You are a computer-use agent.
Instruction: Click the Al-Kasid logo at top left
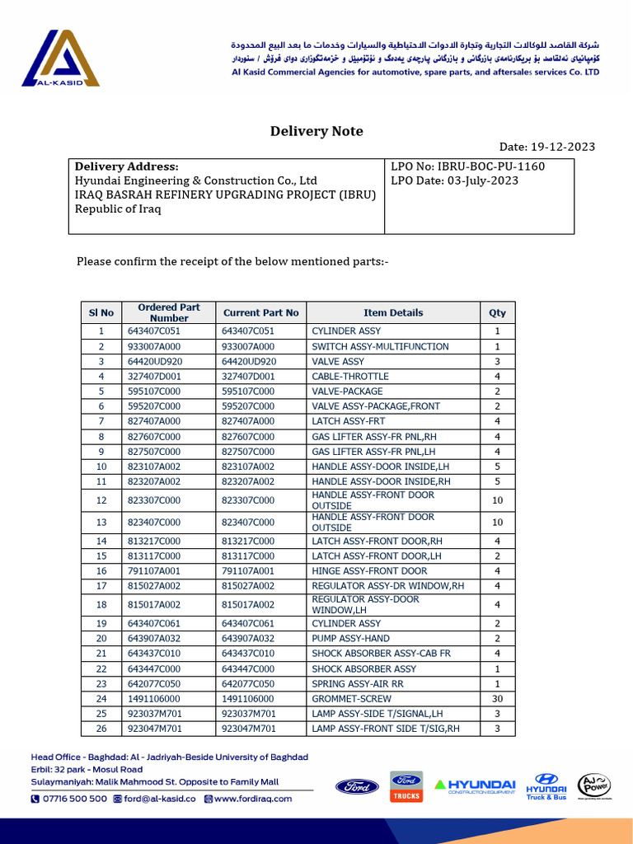coord(60,59)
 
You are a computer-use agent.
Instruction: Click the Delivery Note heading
coord(316,131)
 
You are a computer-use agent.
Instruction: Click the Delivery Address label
coord(126,166)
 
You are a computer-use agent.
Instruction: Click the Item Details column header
coord(393,313)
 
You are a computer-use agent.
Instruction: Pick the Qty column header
coord(497,313)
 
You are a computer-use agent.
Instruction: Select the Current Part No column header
coord(260,313)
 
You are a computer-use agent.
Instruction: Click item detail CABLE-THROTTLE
coord(350,377)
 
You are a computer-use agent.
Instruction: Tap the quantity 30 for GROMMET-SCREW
coord(497,699)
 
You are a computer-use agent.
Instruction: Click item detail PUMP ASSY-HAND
coord(350,639)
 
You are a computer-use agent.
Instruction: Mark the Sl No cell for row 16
coord(101,571)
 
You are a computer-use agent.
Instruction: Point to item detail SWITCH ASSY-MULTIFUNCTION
coord(380,347)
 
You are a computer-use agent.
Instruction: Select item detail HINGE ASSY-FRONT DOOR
coord(369,571)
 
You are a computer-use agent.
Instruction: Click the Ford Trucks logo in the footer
coord(406,786)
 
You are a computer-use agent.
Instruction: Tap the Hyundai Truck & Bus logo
coord(546,786)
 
